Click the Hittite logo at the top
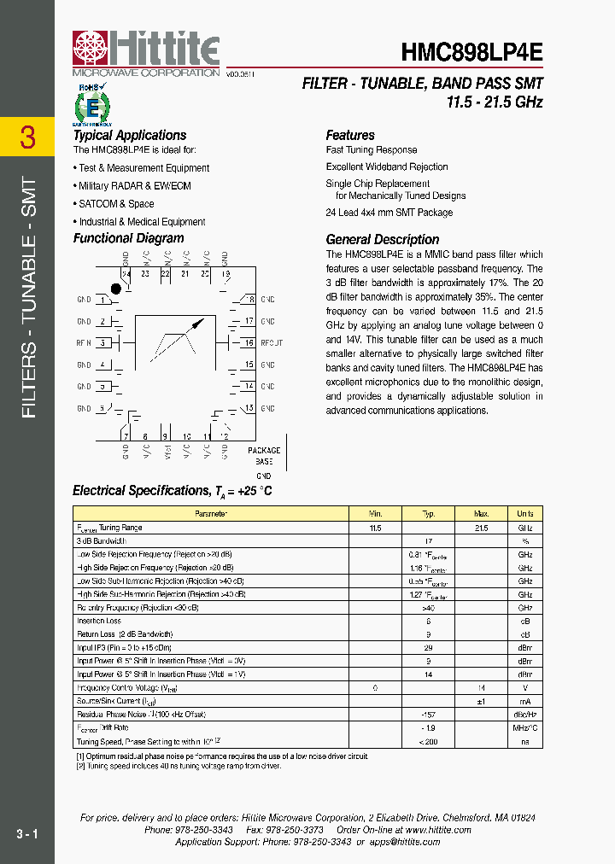[146, 52]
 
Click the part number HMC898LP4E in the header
[471, 52]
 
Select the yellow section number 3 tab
[27, 137]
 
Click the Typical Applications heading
[129, 135]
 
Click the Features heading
[350, 135]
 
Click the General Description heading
[383, 240]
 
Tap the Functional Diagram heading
[128, 239]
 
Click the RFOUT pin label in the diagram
[272, 343]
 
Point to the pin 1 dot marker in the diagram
[117, 289]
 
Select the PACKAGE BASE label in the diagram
[264, 455]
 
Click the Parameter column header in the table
[211, 514]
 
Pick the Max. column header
[481, 514]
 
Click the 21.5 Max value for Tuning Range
[481, 528]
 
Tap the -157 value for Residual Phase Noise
[429, 714]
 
